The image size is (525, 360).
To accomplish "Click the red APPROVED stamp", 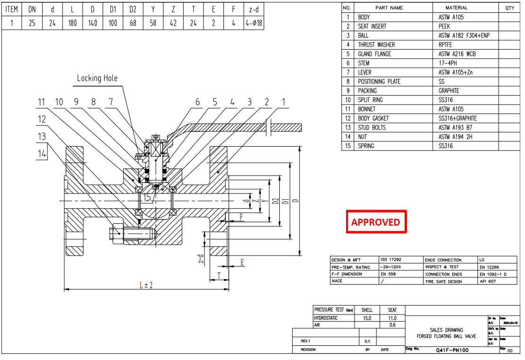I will tap(376, 222).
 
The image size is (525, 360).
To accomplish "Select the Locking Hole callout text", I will tap(97, 78).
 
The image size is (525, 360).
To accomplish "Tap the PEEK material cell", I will tap(444, 26).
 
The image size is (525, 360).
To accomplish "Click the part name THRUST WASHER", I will tap(376, 45).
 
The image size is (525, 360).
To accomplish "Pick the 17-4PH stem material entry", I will tap(448, 63).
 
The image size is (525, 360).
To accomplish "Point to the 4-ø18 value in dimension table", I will tap(253, 23).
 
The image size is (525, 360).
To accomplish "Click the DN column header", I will tap(32, 9).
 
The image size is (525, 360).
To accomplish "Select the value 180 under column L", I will tap(72, 23).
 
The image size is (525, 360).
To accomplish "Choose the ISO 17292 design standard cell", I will tap(392, 260).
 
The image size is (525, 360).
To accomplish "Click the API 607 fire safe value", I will tap(488, 281).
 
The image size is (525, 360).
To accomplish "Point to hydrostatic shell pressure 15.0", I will tap(367, 318).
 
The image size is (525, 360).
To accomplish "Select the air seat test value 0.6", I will tap(392, 325).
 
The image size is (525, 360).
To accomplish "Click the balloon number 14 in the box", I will tap(43, 153).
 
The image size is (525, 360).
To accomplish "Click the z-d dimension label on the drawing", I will tap(201, 258).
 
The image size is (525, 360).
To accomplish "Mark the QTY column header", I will tap(509, 8).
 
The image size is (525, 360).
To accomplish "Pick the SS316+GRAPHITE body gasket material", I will tap(457, 118).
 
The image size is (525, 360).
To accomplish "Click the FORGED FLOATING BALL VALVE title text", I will tap(446, 336).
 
